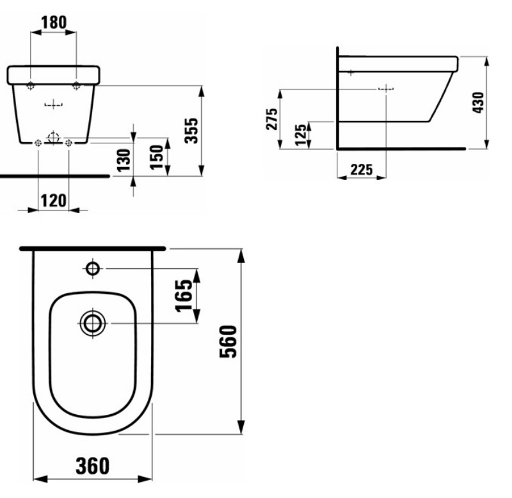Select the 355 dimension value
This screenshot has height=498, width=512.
[x=191, y=132]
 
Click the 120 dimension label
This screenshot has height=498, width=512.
[x=53, y=200]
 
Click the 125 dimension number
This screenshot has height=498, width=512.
[x=301, y=135]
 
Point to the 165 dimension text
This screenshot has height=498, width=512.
[x=184, y=296]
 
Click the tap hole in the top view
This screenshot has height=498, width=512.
[x=93, y=268]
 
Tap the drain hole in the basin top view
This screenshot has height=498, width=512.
[x=93, y=323]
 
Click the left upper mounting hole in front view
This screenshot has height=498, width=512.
[x=31, y=86]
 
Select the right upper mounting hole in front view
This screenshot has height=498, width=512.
[x=77, y=86]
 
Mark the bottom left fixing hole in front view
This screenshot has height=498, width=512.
[x=38, y=143]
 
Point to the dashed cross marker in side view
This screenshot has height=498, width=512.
[x=386, y=89]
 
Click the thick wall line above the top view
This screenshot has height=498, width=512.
[x=93, y=248]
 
